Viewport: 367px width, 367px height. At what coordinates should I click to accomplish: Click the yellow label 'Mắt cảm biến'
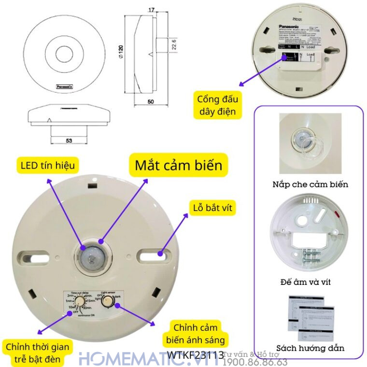coord(178,165)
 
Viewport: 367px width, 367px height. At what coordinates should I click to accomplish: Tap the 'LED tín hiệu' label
coord(48,166)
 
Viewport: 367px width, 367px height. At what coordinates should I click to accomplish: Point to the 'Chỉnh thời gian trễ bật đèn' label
coord(37,353)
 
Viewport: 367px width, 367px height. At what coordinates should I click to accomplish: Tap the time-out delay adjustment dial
coord(77,302)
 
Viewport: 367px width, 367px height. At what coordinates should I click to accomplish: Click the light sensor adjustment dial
coord(110,301)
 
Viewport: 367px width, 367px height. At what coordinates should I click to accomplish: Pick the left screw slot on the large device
coord(29,254)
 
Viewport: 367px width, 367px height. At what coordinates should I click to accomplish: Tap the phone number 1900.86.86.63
coord(255,362)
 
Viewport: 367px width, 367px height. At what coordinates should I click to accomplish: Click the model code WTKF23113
coord(196,355)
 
